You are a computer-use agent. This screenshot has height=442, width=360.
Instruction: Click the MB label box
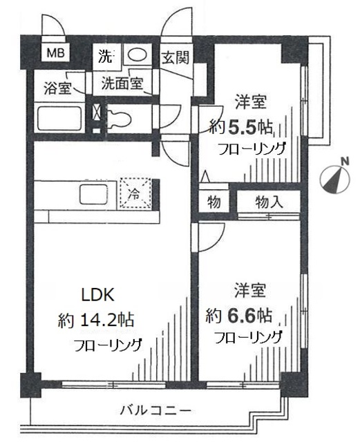(53, 52)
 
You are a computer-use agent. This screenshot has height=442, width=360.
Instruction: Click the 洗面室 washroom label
(122, 84)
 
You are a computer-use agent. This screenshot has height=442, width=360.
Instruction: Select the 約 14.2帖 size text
(96, 320)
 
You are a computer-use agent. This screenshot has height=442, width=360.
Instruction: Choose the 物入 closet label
(269, 202)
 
